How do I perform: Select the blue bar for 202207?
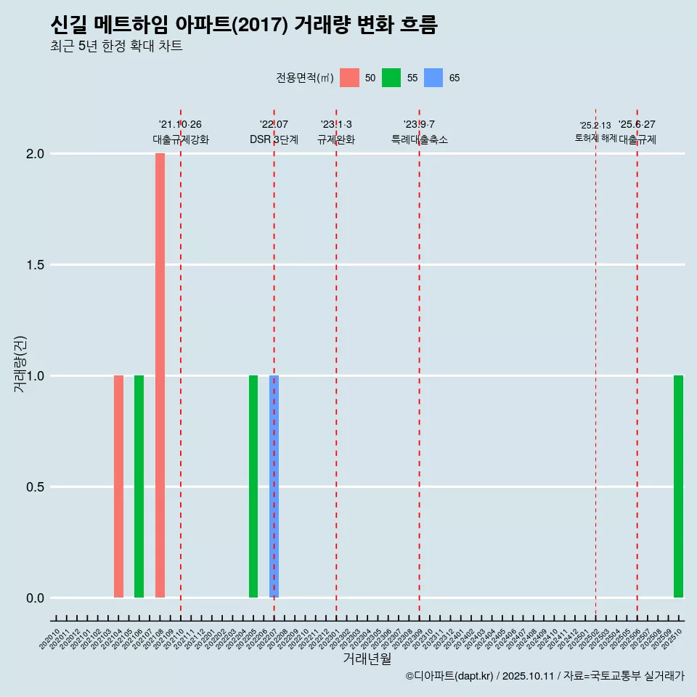[x=274, y=486]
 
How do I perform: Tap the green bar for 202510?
[x=678, y=486]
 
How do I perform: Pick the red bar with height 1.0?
[x=118, y=486]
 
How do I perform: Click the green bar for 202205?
[x=253, y=486]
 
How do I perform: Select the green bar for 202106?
[x=139, y=486]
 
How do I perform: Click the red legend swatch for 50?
[x=349, y=78]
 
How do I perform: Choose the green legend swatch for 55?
[x=391, y=78]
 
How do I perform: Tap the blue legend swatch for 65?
[x=433, y=78]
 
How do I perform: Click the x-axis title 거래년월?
[x=367, y=659]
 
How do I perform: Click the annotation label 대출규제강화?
[x=181, y=139]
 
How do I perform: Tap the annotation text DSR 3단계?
[x=274, y=139]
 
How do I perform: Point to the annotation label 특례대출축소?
[x=420, y=139]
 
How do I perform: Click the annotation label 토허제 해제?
[x=595, y=137]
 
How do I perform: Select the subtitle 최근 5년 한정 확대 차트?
[x=116, y=46]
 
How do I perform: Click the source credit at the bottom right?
[x=545, y=677]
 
